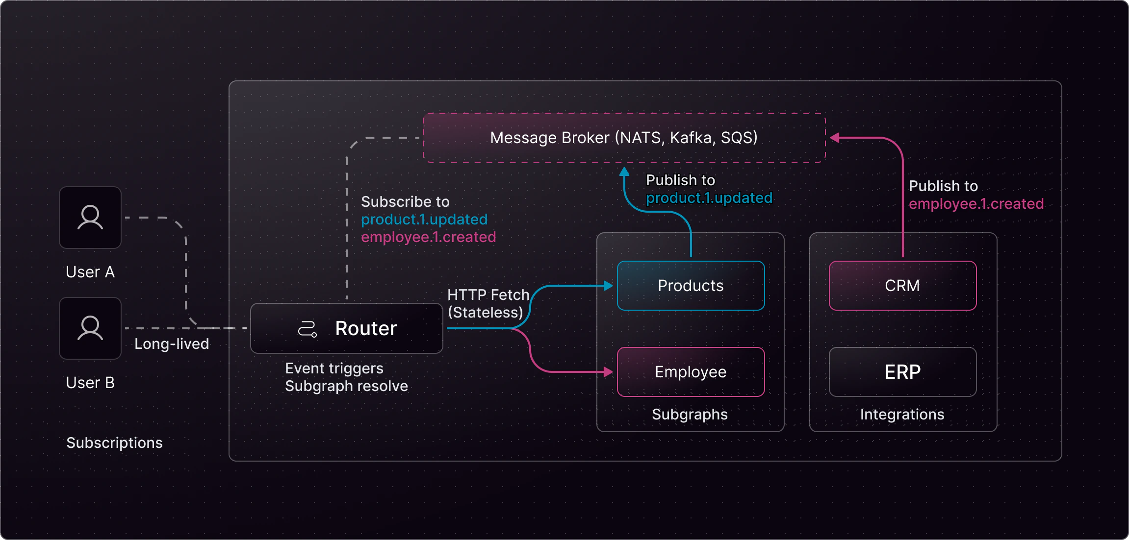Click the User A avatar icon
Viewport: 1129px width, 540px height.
pos(90,218)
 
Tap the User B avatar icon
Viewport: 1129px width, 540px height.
pos(90,328)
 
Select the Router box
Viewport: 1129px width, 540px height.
pos(346,328)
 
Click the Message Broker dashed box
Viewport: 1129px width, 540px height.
pos(624,138)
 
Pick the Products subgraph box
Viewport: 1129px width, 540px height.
pos(691,286)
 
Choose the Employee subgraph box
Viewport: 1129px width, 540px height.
pos(691,372)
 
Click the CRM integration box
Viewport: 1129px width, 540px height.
pos(902,286)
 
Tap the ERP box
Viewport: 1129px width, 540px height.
pos(902,372)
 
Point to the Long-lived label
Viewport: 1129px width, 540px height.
pos(172,344)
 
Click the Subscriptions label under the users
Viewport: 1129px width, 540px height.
pos(114,443)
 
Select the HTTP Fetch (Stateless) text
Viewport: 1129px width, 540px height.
pos(488,304)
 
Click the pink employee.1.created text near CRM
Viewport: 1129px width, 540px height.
pos(976,204)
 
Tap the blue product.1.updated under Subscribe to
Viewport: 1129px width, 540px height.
pos(424,220)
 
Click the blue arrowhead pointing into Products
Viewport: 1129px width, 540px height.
pos(609,286)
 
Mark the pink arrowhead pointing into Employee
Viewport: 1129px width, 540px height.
pos(609,372)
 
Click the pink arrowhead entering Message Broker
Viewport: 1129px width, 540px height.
pos(834,138)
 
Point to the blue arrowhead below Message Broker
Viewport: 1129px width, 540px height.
pos(624,172)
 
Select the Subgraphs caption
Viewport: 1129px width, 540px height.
pos(690,415)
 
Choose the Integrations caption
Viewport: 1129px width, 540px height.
pos(902,415)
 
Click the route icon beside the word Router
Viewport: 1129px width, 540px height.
pos(308,329)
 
